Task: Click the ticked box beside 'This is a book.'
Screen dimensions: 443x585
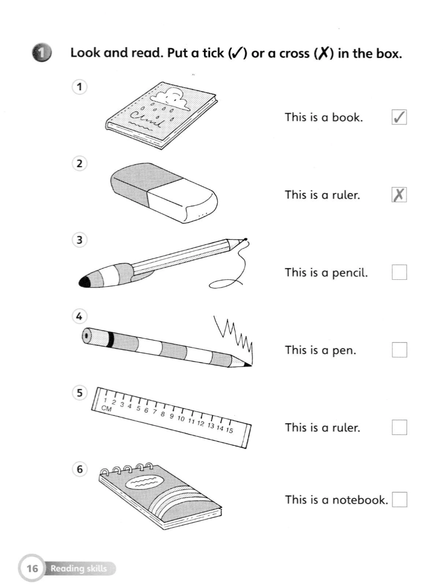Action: (399, 117)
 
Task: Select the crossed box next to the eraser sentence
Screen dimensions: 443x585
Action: (399, 195)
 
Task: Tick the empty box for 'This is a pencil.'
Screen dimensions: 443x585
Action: (399, 272)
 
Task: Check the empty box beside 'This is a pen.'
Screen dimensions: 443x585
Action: (399, 350)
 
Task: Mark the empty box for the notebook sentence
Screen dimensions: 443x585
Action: (399, 499)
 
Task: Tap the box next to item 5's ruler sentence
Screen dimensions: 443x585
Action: (399, 427)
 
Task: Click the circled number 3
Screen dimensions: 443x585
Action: (79, 240)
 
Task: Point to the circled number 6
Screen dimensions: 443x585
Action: (79, 469)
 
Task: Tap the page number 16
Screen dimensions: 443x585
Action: (32, 568)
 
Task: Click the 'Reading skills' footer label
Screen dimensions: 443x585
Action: (79, 568)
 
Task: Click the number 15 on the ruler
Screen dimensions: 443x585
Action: (229, 430)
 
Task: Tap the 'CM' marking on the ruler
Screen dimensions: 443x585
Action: (106, 408)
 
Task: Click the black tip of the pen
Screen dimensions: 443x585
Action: (85, 282)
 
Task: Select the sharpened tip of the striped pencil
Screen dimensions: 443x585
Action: (247, 364)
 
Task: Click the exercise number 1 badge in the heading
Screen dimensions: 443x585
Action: (41, 53)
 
